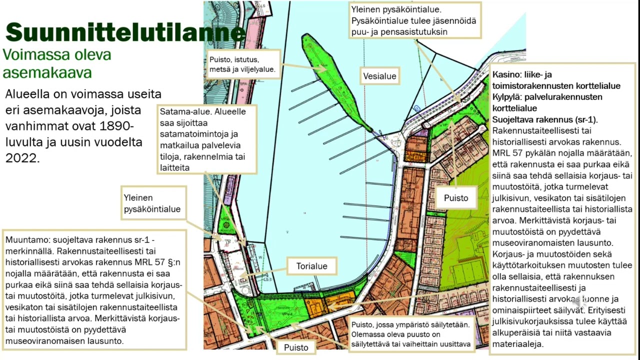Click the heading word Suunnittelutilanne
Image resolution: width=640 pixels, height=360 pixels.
[125, 32]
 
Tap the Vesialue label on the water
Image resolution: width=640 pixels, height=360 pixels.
[380, 76]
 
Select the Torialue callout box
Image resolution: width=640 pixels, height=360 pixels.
[311, 266]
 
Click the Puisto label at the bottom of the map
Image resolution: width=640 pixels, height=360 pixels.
[296, 347]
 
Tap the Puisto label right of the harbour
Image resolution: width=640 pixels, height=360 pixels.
[456, 198]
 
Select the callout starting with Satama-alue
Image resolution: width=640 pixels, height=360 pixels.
[206, 139]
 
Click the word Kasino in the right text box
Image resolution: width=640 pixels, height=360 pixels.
[505, 74]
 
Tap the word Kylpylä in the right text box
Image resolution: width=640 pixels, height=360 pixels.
[509, 97]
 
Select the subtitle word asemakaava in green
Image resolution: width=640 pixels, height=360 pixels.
[47, 72]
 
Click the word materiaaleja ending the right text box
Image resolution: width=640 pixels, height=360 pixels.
[518, 344]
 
